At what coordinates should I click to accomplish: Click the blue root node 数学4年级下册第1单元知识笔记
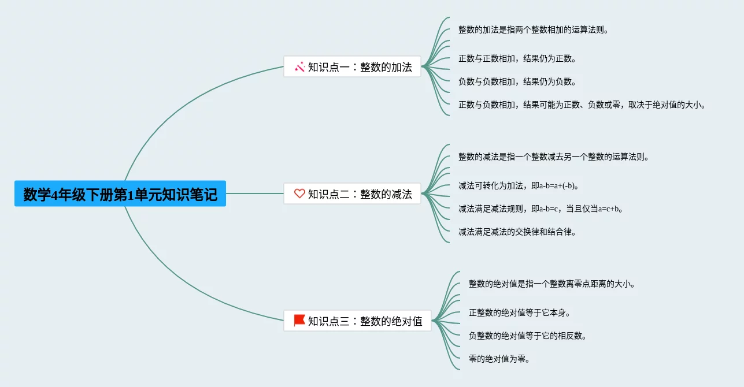click(120, 194)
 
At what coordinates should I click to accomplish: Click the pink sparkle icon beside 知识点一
click(299, 67)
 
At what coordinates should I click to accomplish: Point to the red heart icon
click(299, 194)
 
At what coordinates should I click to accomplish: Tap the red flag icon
click(299, 320)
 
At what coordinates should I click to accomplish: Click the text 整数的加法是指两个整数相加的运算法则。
click(533, 29)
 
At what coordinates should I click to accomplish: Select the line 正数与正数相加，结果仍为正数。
click(517, 58)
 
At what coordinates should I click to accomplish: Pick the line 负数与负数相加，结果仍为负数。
click(517, 81)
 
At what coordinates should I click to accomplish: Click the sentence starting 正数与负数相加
click(582, 105)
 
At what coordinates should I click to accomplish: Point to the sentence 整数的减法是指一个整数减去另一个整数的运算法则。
click(553, 157)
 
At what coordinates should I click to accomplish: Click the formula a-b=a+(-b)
click(558, 185)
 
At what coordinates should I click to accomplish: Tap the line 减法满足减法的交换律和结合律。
click(517, 232)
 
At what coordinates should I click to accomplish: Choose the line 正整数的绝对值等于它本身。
click(519, 312)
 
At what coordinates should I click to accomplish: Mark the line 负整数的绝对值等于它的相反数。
click(527, 336)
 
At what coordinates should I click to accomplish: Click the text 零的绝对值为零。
click(499, 359)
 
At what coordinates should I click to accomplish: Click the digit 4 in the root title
click(54, 195)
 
